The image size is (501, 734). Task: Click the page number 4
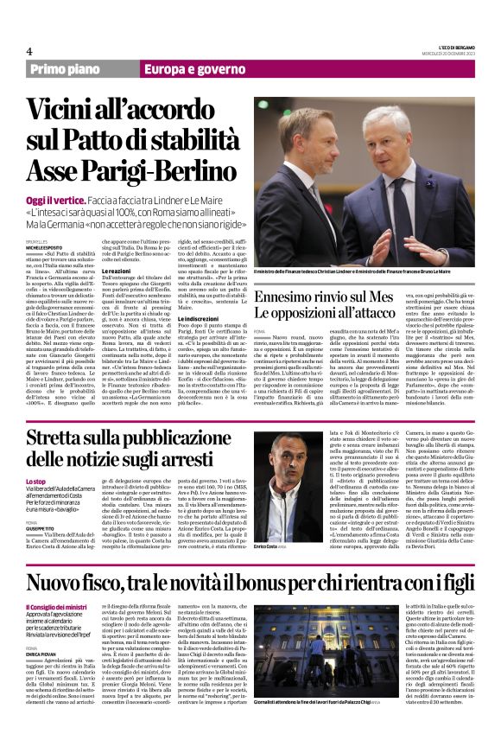tap(29, 51)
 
